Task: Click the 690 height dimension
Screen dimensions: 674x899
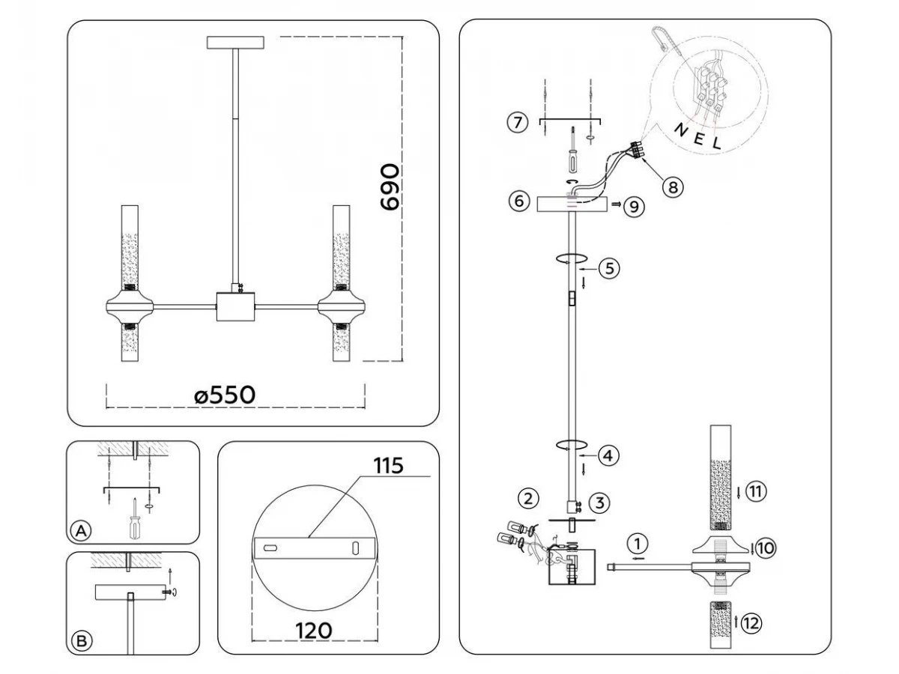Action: (x=390, y=187)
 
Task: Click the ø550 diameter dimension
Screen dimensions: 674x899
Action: (x=225, y=395)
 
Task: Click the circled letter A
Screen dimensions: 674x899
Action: (x=80, y=531)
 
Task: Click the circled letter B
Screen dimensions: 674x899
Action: (x=80, y=640)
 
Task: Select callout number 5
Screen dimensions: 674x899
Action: (x=609, y=268)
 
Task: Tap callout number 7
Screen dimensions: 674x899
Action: (x=517, y=123)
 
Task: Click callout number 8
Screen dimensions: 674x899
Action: (x=673, y=186)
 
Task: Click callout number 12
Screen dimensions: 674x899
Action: (x=752, y=621)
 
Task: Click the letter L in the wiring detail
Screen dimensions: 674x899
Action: (x=716, y=145)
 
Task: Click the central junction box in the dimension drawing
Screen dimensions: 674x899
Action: (x=235, y=306)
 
